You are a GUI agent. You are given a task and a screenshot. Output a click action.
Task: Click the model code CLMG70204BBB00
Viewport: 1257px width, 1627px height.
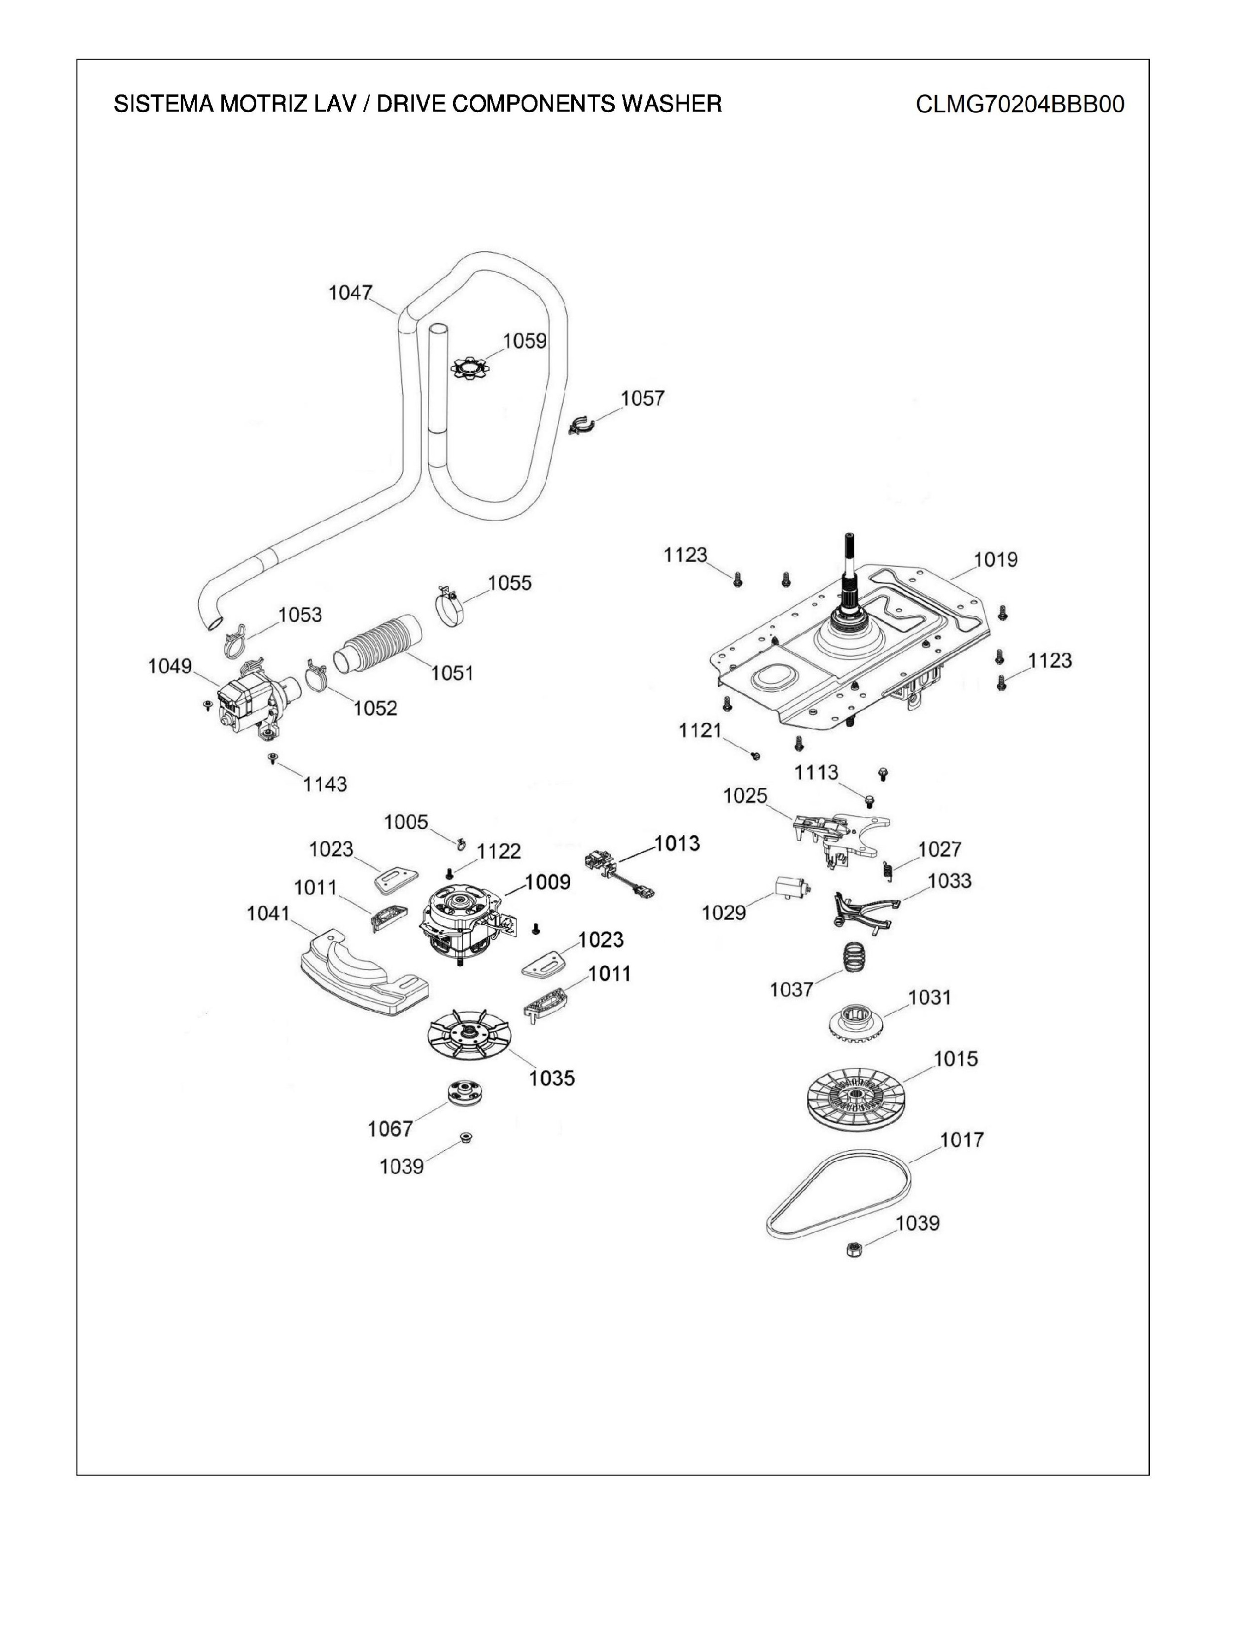(x=1019, y=105)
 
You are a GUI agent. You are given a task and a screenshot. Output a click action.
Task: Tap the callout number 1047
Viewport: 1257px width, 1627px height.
(x=350, y=293)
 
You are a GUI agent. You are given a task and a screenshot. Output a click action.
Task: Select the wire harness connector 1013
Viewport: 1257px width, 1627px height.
(x=619, y=872)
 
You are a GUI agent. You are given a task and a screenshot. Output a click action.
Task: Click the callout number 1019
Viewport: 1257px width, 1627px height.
(x=996, y=560)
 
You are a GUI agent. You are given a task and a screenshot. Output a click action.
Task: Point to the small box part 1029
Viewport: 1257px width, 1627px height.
(x=792, y=888)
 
